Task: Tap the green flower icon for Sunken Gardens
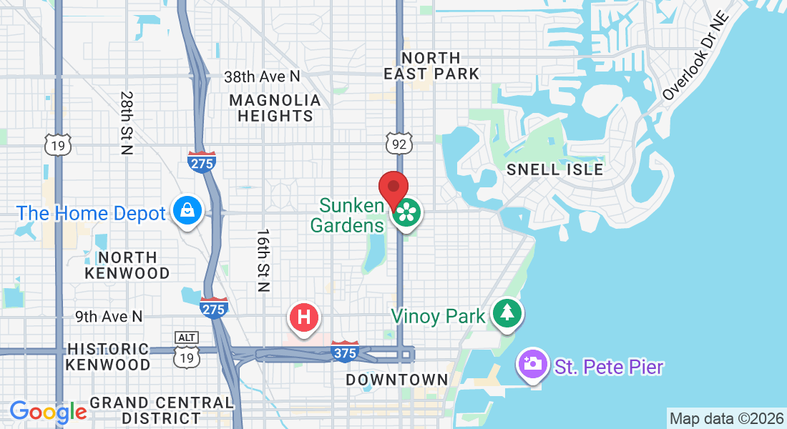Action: click(406, 212)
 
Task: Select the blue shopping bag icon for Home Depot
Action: click(187, 210)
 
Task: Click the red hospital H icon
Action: click(303, 317)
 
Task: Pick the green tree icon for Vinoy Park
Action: click(507, 313)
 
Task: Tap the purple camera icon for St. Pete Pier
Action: click(532, 363)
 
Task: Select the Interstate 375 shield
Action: click(346, 350)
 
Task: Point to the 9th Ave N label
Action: click(109, 315)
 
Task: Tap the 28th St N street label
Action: click(127, 122)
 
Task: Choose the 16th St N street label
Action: click(263, 260)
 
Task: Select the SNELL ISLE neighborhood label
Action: click(554, 169)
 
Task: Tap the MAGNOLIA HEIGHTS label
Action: click(275, 108)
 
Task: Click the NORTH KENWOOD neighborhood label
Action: click(127, 265)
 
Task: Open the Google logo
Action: click(48, 412)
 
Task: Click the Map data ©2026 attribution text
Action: click(725, 418)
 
